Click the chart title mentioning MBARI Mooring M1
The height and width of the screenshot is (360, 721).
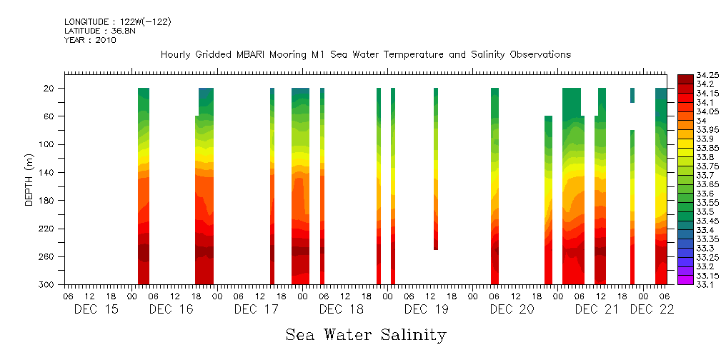pos(365,55)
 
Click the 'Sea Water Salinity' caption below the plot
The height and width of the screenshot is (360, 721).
pos(366,335)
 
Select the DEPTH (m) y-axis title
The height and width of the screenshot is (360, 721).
pos(29,179)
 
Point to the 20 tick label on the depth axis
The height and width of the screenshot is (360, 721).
pos(50,88)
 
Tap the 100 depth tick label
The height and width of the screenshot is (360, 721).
pos(48,144)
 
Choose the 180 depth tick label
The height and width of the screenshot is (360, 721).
pos(48,201)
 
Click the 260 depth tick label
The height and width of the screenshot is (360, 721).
pos(48,256)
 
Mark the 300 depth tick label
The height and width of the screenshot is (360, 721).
pos(48,285)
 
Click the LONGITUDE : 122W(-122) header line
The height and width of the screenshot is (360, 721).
pos(117,22)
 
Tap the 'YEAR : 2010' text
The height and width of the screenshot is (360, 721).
pos(90,40)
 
